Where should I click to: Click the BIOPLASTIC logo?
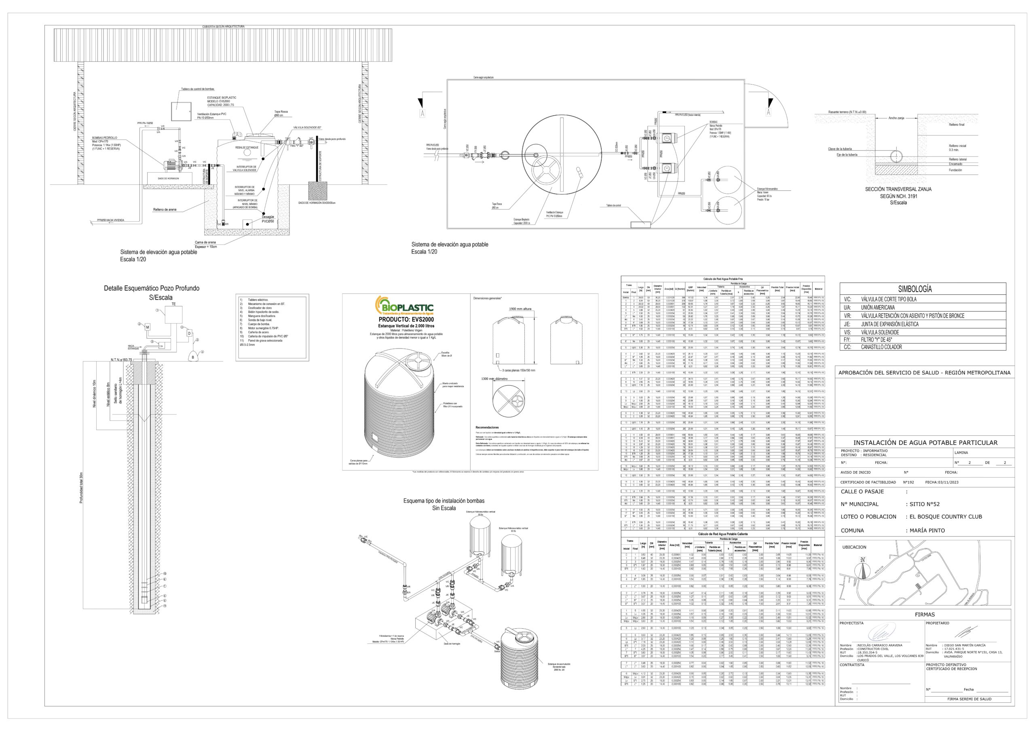point(404,306)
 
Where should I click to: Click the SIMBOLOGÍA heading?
point(915,289)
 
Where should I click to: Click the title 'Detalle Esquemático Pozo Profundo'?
point(152,288)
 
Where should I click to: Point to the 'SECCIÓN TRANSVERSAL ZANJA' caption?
point(898,189)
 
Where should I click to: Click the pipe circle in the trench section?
point(896,156)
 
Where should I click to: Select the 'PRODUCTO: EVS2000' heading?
point(406,319)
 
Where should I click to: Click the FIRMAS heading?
point(925,614)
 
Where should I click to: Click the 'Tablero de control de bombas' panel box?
point(182,110)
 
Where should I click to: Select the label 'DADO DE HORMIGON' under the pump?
point(168,178)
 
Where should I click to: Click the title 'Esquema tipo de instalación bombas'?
point(444,501)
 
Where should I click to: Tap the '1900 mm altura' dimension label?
point(520,309)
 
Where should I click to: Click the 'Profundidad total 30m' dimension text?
point(82,488)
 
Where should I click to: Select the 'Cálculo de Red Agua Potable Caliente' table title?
point(722,534)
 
